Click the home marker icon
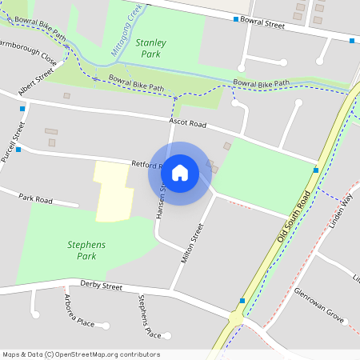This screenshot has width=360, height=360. [180, 173]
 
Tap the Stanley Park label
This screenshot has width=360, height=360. [150, 47]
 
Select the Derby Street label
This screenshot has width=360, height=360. [101, 286]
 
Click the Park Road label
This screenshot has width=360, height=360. [35, 198]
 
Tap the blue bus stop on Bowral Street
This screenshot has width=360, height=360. [235, 18]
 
